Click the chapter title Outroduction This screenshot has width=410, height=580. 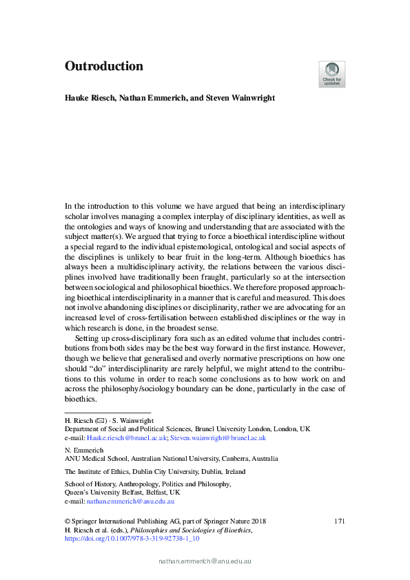104,67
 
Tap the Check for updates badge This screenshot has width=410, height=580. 331,74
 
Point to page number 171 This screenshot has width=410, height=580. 339,521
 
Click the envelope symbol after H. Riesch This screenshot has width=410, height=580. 97,420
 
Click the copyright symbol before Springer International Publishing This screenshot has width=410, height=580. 68,521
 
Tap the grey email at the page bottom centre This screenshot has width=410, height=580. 205,562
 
